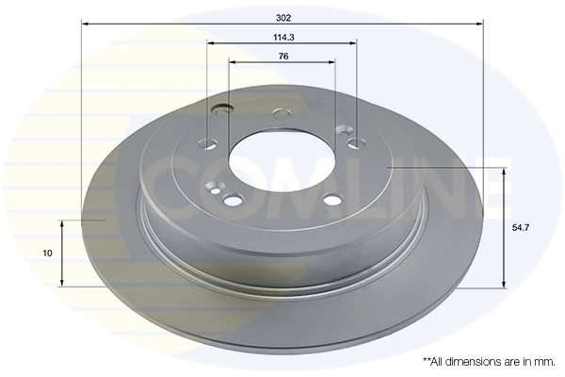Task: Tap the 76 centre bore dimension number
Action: [282, 57]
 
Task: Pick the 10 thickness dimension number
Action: [47, 253]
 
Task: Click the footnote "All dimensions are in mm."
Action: [490, 362]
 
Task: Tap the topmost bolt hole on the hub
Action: [280, 114]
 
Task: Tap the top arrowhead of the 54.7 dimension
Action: [506, 174]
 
